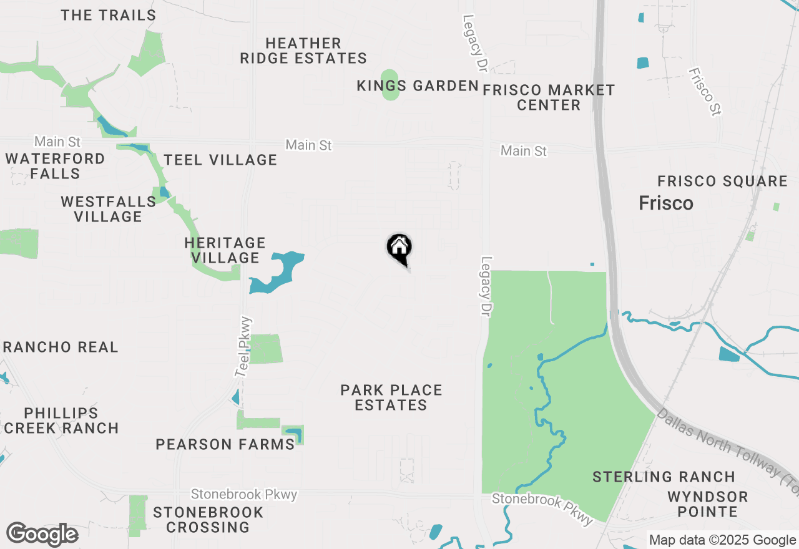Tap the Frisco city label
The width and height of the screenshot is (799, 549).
point(666,203)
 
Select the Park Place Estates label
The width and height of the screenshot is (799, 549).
point(391,397)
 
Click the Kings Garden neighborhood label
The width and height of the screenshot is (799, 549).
point(418,86)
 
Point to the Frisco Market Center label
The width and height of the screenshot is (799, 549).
point(549,98)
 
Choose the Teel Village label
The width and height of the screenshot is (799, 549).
point(220,160)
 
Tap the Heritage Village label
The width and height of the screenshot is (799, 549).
point(225,250)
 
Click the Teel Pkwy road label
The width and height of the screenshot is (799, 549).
point(244,347)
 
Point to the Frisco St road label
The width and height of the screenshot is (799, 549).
point(705,91)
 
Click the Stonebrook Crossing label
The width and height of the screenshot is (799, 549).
point(208,520)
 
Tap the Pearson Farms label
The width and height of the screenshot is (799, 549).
point(225,445)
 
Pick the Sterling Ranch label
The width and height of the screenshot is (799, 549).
point(664,477)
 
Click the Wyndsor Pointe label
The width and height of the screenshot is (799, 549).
point(707,505)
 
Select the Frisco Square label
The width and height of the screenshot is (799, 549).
point(722,182)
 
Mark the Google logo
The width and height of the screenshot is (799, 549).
point(42,534)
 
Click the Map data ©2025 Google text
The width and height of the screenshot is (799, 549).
point(721,540)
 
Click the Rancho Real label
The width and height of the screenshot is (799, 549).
point(61,347)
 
